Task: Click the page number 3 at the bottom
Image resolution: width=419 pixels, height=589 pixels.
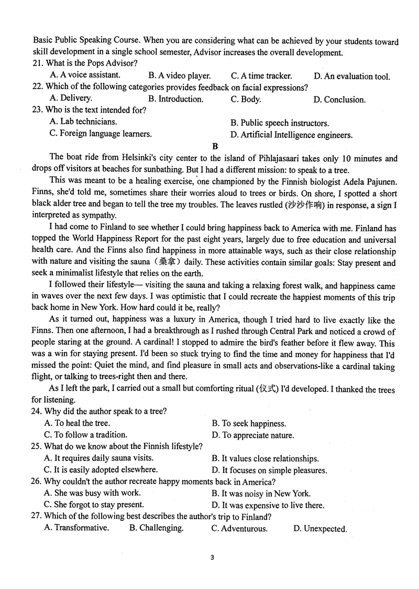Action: click(x=212, y=558)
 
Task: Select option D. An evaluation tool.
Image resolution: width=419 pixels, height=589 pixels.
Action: click(x=351, y=77)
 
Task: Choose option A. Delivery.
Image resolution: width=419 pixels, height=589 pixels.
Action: click(x=71, y=99)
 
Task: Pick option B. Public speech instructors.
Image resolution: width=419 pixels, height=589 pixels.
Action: click(x=279, y=123)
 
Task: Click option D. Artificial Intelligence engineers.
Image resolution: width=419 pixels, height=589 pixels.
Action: click(x=291, y=135)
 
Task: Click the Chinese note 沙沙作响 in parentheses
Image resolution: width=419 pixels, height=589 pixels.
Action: click(x=306, y=205)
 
